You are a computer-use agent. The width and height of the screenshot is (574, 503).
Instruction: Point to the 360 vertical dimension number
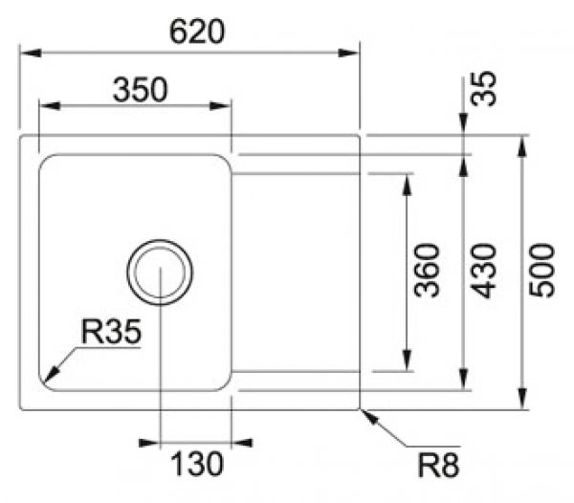click(427, 270)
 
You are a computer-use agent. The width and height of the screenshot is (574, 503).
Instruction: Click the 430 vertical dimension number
click(485, 270)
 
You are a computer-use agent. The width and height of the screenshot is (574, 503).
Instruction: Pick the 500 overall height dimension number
click(542, 270)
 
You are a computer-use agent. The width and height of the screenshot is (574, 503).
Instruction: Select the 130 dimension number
click(197, 465)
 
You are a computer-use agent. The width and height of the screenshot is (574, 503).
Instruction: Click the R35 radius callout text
click(111, 332)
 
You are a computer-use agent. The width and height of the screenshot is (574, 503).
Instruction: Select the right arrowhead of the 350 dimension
click(225, 105)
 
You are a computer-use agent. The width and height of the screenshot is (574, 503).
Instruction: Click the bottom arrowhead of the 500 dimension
click(523, 401)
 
